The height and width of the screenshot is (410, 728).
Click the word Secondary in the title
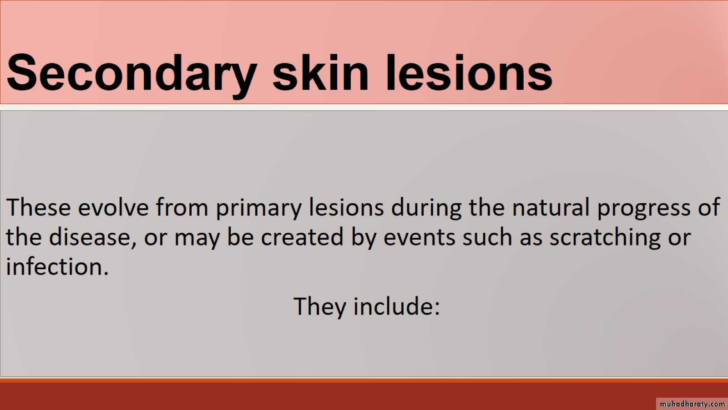(132, 75)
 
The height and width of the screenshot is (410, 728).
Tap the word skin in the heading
(321, 72)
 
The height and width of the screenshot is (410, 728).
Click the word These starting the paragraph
(38, 207)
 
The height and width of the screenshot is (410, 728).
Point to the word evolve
(113, 207)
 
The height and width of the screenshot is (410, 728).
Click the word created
(302, 237)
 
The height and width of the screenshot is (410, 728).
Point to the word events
(419, 237)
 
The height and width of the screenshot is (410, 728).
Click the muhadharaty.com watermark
(692, 404)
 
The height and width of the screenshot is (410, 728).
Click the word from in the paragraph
(182, 207)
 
